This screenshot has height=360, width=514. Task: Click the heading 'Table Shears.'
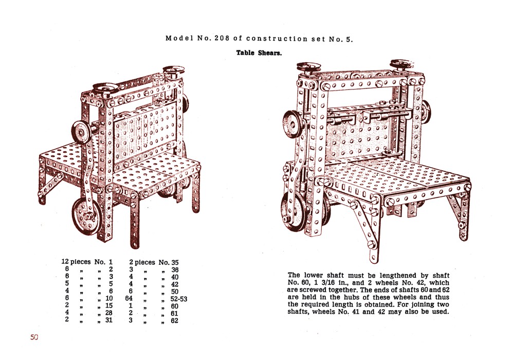pyautogui.click(x=259, y=53)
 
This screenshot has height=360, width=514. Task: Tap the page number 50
pyautogui.click(x=34, y=337)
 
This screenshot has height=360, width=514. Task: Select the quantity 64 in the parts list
pyautogui.click(x=129, y=298)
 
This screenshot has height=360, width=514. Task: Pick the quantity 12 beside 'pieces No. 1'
pyautogui.click(x=65, y=262)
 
